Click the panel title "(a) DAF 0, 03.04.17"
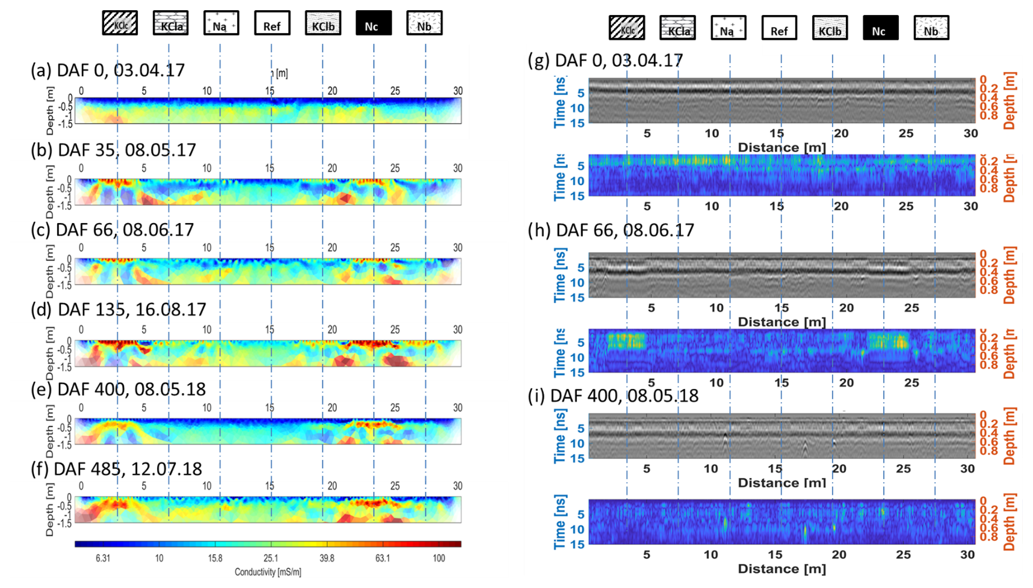pyautogui.click(x=108, y=70)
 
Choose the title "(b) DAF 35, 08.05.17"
pyautogui.click(x=114, y=150)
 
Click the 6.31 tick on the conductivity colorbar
pyautogui.click(x=103, y=559)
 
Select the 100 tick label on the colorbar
pyautogui.click(x=439, y=559)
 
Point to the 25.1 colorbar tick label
pyautogui.click(x=271, y=559)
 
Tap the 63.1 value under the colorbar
pyautogui.click(x=383, y=559)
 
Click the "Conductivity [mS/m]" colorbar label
pyautogui.click(x=268, y=572)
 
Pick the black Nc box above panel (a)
pyautogui.click(x=373, y=23)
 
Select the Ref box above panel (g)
pyautogui.click(x=779, y=28)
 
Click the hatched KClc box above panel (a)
pyautogui.click(x=120, y=23)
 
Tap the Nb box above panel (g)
pyautogui.click(x=931, y=28)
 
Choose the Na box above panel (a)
pyautogui.click(x=221, y=23)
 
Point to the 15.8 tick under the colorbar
pyautogui.click(x=215, y=559)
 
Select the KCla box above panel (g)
pyautogui.click(x=677, y=28)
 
